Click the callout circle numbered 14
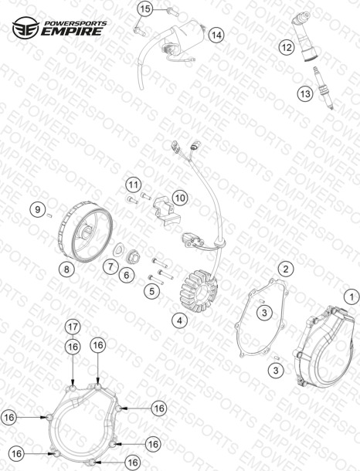pos(216,36)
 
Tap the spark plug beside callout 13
pos(324,88)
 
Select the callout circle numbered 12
pos(287,47)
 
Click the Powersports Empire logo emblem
pos(25,28)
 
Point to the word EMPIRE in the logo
pos(72,31)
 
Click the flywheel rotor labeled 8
pos(85,232)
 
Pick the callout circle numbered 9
pos(38,209)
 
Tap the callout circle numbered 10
pos(180,198)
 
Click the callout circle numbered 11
pos(134,185)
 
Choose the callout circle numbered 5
pos(151,291)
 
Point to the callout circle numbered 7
pos(110,266)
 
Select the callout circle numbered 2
pos(286,269)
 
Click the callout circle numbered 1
pos(352,297)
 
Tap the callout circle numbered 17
pos(73,327)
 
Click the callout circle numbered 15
pos(145,9)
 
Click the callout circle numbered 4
pos(180,320)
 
